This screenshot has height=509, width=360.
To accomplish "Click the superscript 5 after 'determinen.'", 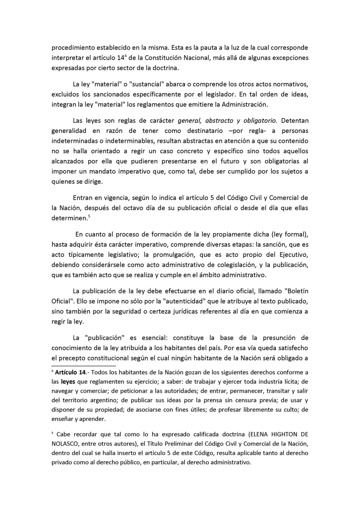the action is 89,216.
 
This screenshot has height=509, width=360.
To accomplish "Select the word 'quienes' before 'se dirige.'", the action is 62,182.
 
